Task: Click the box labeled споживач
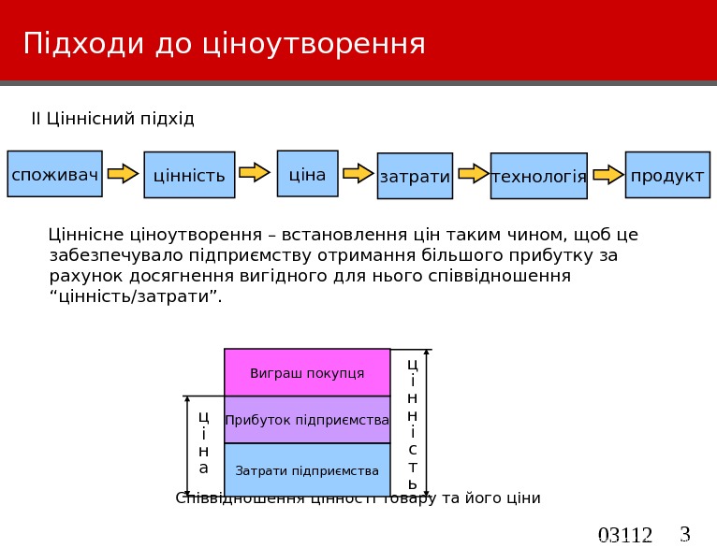click(x=54, y=174)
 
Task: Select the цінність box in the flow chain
click(x=189, y=175)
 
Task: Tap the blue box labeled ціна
click(x=307, y=174)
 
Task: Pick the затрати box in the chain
click(x=415, y=176)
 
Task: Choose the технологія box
click(x=538, y=176)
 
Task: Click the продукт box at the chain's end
click(x=667, y=175)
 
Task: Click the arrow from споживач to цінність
click(x=123, y=173)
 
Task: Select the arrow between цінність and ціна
click(x=255, y=172)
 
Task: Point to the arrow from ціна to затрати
click(x=358, y=173)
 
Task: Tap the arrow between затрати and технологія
click(x=474, y=173)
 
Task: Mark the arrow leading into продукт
click(x=608, y=174)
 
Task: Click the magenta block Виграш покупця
click(x=307, y=373)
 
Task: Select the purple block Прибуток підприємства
click(x=307, y=420)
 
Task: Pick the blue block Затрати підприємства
click(x=307, y=470)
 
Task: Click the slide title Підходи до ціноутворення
click(x=225, y=43)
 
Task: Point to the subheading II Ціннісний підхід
click(x=113, y=119)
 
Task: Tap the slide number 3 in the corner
click(x=684, y=534)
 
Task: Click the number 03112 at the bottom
click(x=624, y=536)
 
